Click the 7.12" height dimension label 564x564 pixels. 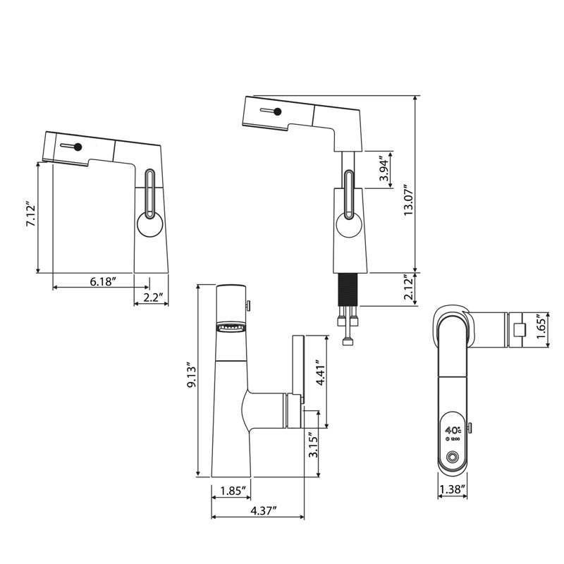pyautogui.click(x=30, y=216)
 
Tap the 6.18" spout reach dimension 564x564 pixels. pyautogui.click(x=102, y=281)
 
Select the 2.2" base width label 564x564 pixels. pyautogui.click(x=153, y=298)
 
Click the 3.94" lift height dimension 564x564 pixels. pyautogui.click(x=385, y=170)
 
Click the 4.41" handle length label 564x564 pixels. pyautogui.click(x=321, y=373)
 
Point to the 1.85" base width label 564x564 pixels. pyautogui.click(x=233, y=491)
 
